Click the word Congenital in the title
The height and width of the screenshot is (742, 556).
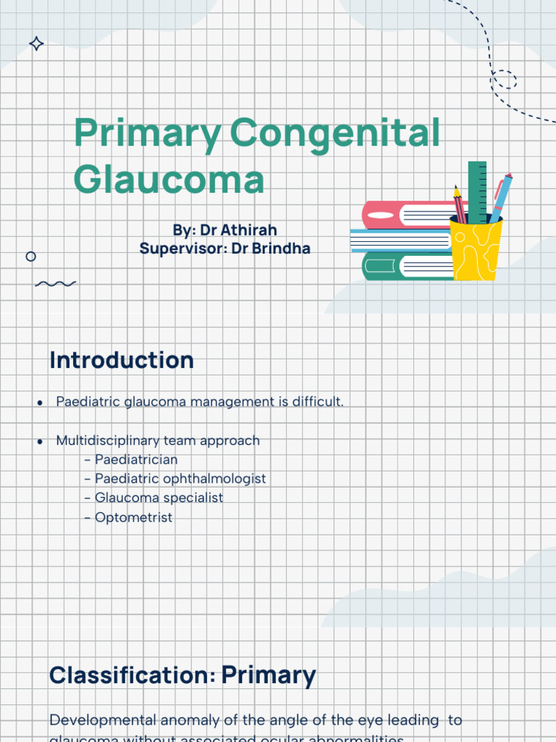coord(334,136)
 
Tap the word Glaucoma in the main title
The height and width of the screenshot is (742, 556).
coord(169,180)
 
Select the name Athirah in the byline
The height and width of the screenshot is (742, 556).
coord(249,230)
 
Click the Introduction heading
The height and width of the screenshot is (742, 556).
coord(121,360)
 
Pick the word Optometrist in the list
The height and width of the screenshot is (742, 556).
coord(133,517)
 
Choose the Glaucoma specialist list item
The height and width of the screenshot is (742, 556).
coord(159,498)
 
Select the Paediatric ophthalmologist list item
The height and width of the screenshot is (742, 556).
coord(180,479)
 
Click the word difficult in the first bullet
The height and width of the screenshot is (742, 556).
coord(316,401)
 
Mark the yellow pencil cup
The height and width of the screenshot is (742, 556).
coord(476,250)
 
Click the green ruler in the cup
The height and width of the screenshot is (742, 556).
coord(477,190)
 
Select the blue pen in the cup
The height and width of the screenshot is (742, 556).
coord(501,195)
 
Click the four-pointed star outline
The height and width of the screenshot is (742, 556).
coord(36,44)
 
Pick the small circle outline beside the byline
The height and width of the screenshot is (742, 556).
coord(30,257)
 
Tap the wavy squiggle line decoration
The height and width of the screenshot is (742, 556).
coord(55,284)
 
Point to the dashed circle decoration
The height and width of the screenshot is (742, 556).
coord(504,80)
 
